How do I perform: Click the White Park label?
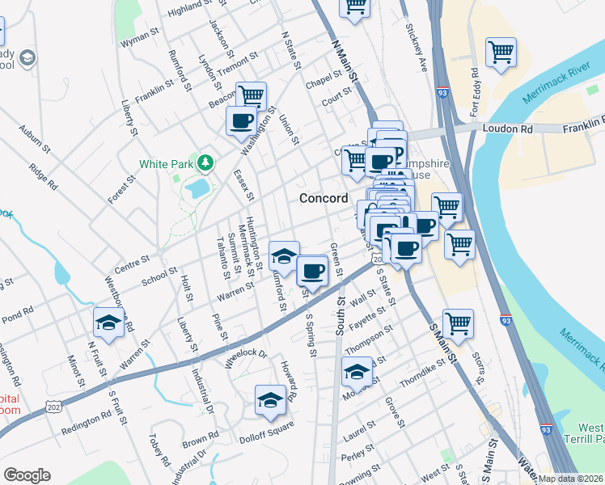coord(166,163)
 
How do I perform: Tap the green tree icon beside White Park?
coord(206,163)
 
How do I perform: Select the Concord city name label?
coord(324,198)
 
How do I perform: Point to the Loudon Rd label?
coord(509,129)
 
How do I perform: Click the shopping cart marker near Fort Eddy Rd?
coord(501,53)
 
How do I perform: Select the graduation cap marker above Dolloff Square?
coord(270,399)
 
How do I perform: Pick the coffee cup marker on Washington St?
coord(241,121)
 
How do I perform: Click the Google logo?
coord(27,475)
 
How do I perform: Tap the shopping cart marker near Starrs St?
coord(458,323)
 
